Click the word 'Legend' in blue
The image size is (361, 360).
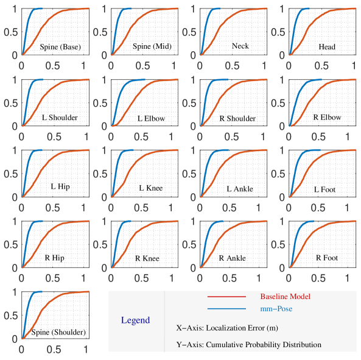[135, 320]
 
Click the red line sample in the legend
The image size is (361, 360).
[226, 297]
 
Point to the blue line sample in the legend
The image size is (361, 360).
[226, 309]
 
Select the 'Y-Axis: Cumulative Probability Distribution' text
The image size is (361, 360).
[248, 344]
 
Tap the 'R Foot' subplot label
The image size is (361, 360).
[326, 258]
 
